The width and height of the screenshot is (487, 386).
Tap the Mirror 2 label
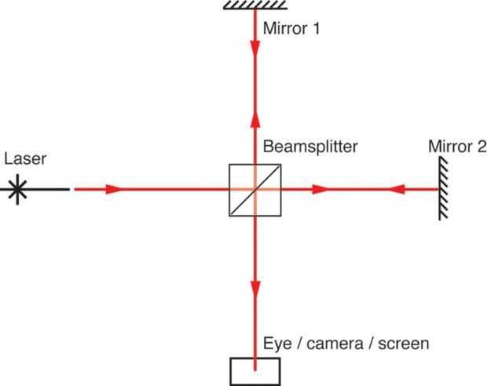click(457, 147)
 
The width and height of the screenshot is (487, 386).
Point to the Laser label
click(25, 159)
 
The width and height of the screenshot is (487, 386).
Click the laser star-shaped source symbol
click(15, 189)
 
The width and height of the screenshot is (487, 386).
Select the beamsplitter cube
click(254, 189)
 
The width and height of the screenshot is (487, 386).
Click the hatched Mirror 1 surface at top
click(254, 5)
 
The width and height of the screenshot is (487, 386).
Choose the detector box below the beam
click(254, 370)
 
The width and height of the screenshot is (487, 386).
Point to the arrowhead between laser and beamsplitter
click(115, 189)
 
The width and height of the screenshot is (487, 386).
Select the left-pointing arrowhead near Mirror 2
click(397, 189)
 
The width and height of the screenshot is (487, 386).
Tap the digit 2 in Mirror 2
click(482, 147)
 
